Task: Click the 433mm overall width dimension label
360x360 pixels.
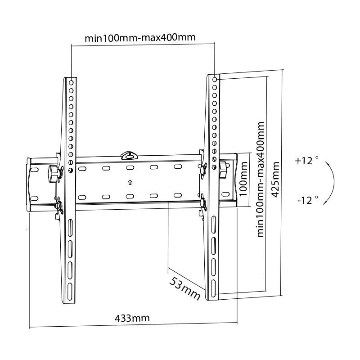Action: pos(132,318)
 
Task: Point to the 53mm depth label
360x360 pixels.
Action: pos(184,288)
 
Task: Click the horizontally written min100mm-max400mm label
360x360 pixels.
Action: pos(140,37)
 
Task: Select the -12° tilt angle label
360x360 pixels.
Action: pos(307,199)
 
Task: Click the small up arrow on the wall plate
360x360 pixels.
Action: pos(130,182)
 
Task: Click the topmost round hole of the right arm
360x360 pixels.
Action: pos(215,80)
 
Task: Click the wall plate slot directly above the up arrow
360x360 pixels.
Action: pos(130,168)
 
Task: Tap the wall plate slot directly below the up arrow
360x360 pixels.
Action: pos(130,197)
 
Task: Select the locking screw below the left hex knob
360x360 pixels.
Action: pos(58,206)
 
